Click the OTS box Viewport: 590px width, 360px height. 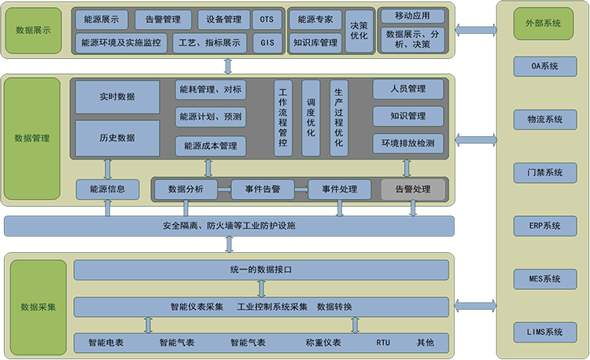tap(268, 18)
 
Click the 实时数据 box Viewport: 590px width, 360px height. tap(117, 97)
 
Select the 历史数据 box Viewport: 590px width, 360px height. tap(117, 138)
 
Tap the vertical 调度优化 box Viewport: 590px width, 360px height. tap(311, 118)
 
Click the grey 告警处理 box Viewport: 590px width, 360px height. tap(413, 189)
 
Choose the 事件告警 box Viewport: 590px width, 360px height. tap(263, 189)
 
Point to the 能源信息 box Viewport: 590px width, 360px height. tap(108, 189)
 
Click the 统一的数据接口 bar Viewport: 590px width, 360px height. tap(261, 270)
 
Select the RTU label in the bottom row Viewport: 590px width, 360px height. tap(383, 343)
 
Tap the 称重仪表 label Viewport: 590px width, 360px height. tap(323, 343)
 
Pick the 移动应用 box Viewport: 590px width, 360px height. tap(411, 16)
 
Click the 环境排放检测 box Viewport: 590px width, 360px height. tap(408, 144)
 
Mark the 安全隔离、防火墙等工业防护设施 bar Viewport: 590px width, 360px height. tap(229, 226)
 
